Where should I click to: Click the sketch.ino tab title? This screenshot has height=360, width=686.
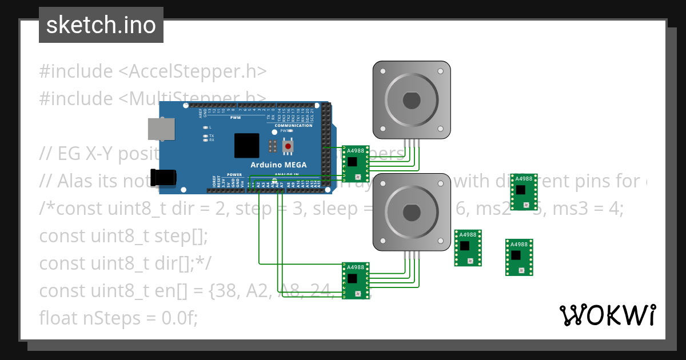101,25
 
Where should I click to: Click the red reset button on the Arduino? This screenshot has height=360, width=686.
288,147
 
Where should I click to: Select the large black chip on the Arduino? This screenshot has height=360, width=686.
247,146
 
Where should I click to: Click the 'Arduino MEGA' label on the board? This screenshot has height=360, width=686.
278,165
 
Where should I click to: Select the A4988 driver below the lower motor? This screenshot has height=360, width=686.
356,280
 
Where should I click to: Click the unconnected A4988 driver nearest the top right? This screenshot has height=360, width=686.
524,191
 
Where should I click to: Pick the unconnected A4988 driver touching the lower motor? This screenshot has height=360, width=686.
468,247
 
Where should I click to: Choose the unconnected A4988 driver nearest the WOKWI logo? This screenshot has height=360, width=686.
519,257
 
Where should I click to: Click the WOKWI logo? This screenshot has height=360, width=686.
607,315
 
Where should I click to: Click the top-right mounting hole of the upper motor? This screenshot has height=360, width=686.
440,71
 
